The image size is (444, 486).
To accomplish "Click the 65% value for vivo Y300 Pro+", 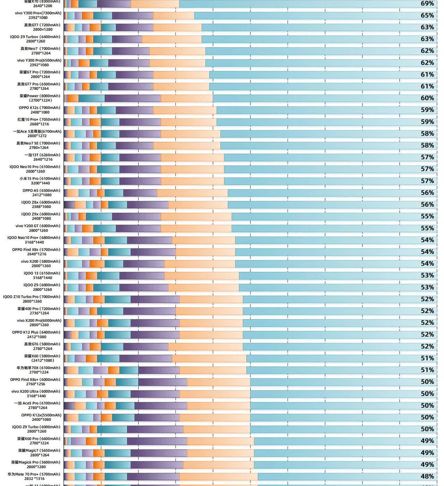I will pyautogui.click(x=427, y=15).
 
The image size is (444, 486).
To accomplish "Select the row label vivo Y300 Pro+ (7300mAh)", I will pyautogui.click(x=38, y=13).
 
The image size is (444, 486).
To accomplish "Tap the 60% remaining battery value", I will pyautogui.click(x=427, y=98).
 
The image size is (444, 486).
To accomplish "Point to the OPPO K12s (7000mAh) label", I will pyautogui.click(x=40, y=108).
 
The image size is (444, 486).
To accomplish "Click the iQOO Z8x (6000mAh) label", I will pyautogui.click(x=41, y=202).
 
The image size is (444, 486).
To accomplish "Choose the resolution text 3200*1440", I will pyautogui.click(x=40, y=183).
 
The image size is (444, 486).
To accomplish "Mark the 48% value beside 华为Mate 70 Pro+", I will pyautogui.click(x=427, y=476).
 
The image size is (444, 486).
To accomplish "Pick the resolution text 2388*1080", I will pyautogui.click(x=41, y=207).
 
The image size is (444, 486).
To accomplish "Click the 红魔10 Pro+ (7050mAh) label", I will pyautogui.click(x=39, y=120).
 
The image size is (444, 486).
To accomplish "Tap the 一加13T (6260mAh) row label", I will pyautogui.click(x=42, y=155).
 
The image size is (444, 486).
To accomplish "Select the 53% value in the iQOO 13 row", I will pyautogui.click(x=427, y=275).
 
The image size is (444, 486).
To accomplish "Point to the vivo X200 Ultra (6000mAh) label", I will pyautogui.click(x=36, y=391).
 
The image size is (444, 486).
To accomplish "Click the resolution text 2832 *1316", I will pyautogui.click(x=34, y=479).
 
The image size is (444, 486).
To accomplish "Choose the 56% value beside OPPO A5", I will pyautogui.click(x=427, y=193).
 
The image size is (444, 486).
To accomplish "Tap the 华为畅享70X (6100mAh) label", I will pyautogui.click(x=38, y=368).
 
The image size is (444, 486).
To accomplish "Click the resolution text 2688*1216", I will pyautogui.click(x=39, y=124).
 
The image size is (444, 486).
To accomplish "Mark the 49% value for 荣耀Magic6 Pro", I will pyautogui.click(x=427, y=465).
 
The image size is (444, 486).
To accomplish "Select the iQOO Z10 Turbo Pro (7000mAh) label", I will pyautogui.click(x=32, y=297).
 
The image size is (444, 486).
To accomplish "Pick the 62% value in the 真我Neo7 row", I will pyautogui.click(x=427, y=51).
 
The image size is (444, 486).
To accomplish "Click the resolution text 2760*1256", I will pyautogui.click(x=35, y=384).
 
